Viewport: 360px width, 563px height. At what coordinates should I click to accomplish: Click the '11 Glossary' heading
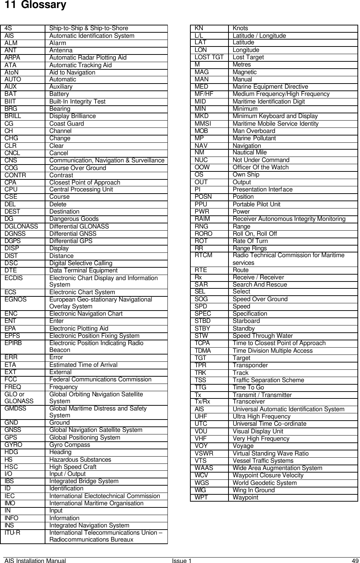[33, 5]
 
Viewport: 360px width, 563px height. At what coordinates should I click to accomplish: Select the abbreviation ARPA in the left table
[12, 57]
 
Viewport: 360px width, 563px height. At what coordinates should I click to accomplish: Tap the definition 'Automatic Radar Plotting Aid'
[88, 57]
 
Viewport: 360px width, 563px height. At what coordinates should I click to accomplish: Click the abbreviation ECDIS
[14, 278]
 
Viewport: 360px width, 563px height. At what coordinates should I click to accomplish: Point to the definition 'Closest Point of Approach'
[85, 182]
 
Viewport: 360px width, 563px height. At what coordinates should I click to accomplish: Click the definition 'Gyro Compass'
[70, 445]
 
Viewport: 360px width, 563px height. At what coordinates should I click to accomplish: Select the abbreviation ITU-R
[12, 533]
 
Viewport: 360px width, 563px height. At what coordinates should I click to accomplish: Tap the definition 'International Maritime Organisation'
[96, 503]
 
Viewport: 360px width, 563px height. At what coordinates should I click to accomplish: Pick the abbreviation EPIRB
[13, 343]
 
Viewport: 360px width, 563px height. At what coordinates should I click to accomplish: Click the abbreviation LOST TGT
[209, 57]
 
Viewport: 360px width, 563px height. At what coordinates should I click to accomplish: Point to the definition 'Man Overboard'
[254, 131]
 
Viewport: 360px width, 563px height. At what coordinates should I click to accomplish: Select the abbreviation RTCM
[203, 255]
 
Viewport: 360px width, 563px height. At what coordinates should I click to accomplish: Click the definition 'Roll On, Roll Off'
[255, 234]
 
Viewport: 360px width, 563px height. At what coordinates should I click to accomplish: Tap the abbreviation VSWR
[204, 453]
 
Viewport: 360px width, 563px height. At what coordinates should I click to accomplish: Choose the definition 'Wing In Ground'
[254, 490]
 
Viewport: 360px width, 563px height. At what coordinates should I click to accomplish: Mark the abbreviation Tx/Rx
[202, 402]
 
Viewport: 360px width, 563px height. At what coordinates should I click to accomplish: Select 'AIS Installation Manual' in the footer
[35, 561]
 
